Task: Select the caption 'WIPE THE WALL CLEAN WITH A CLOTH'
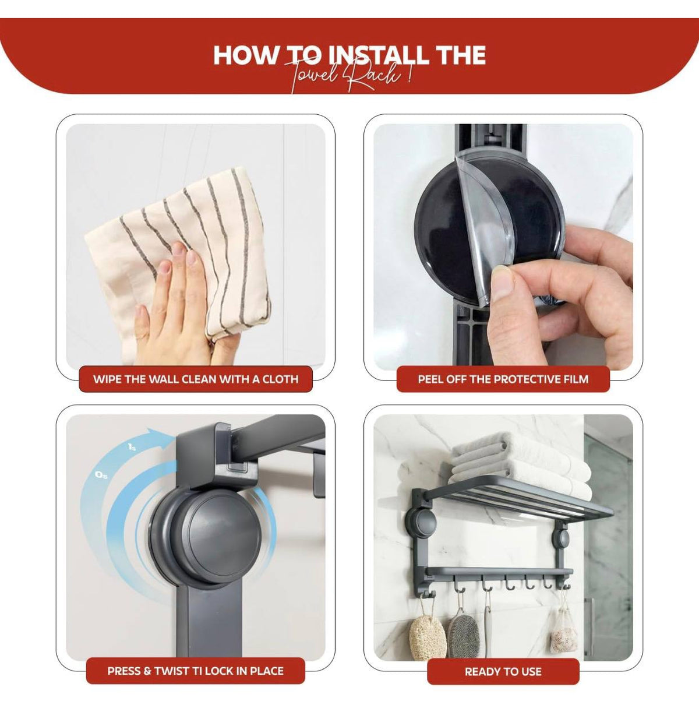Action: (196, 379)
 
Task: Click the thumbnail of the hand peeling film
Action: (503, 247)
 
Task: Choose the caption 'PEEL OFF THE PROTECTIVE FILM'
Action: (503, 379)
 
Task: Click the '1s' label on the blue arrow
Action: (132, 447)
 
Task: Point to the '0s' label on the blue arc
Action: (101, 475)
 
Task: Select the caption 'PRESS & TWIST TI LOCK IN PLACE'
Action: (195, 671)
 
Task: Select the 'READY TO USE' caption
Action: (503, 672)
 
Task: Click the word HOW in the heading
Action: (246, 55)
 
